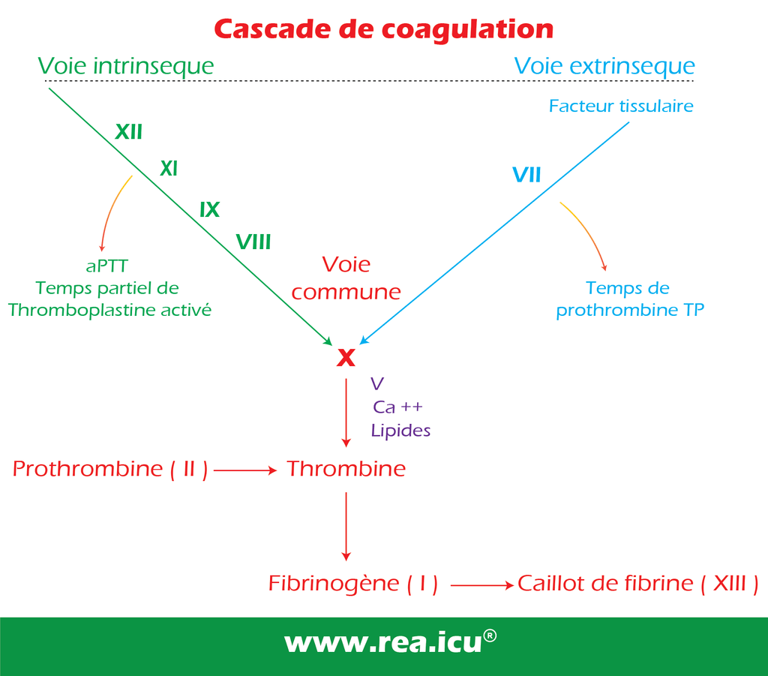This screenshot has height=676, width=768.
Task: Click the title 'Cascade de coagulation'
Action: coord(383,30)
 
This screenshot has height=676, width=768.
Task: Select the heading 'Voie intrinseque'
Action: coord(126,66)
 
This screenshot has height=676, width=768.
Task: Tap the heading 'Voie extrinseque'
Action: coord(604,66)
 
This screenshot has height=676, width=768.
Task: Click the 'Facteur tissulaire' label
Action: coord(621,106)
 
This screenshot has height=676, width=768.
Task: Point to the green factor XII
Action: coord(129,132)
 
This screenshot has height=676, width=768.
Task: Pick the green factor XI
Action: coord(169,169)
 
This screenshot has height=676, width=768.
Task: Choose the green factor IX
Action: coord(210,209)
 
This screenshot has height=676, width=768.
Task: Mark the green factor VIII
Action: coord(253,242)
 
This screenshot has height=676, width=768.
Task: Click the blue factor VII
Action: coord(526,175)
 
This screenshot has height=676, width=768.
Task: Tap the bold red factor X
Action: coord(346,358)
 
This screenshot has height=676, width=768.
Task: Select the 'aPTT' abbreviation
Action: coord(106,266)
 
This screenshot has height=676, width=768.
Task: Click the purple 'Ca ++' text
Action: coord(397,407)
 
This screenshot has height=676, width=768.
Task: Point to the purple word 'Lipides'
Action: coord(400,431)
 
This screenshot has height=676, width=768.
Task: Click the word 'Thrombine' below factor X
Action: coord(346,469)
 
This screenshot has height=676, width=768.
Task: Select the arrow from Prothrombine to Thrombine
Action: coord(245,470)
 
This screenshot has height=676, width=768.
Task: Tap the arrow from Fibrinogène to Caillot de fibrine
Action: coord(482,585)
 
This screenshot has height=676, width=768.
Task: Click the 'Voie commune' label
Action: coord(346,278)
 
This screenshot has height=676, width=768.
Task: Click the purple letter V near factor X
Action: coord(377,383)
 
